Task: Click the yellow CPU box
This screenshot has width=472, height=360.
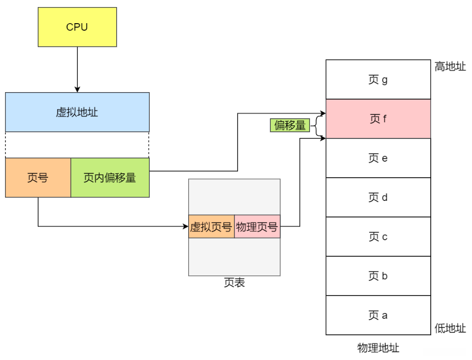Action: tap(77, 27)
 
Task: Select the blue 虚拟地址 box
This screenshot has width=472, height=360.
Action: tap(77, 112)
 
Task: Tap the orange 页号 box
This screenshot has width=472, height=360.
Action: tap(38, 177)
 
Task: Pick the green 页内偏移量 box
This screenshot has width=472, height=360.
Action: tap(110, 177)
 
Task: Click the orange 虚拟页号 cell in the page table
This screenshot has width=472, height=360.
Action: tap(211, 227)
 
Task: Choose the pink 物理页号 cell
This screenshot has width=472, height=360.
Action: tap(257, 227)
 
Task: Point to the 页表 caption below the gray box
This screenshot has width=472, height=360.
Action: tap(234, 283)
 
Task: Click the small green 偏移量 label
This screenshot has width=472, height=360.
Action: tap(289, 125)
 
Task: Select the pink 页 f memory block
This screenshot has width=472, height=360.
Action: tap(378, 119)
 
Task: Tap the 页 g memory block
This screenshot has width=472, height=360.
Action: tap(378, 80)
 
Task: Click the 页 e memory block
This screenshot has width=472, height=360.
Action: tap(378, 158)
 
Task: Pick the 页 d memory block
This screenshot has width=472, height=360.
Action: tap(378, 197)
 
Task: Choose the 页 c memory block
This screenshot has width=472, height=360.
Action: tap(378, 237)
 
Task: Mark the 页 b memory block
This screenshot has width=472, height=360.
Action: tap(378, 276)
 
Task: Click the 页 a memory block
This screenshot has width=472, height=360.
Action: tap(378, 315)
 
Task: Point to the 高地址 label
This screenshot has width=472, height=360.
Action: tap(450, 66)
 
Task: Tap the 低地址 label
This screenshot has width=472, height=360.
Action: tap(450, 328)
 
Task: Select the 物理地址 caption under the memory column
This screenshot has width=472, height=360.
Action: tap(378, 348)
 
